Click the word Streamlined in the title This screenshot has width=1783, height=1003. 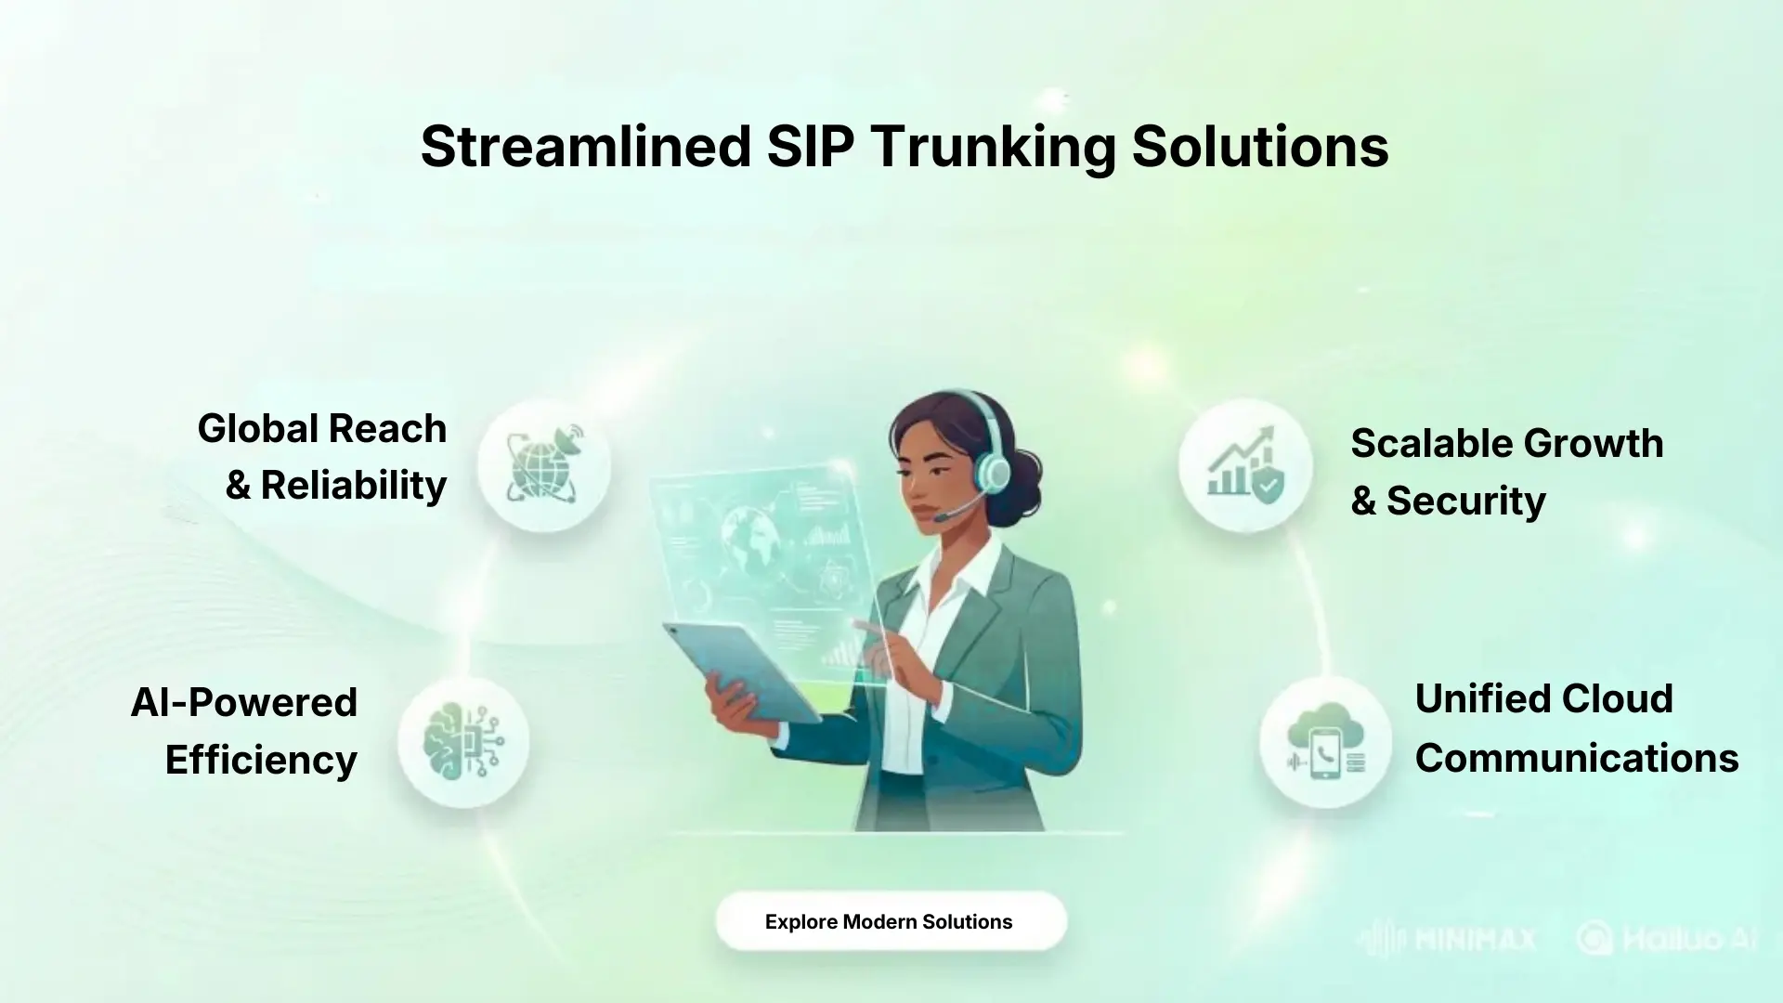(x=585, y=147)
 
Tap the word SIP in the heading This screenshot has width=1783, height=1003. (x=809, y=147)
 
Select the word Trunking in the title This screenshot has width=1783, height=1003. (x=993, y=147)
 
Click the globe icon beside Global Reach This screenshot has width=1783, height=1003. (x=544, y=465)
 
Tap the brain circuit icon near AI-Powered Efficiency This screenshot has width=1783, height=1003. (x=463, y=741)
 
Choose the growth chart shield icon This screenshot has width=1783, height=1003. (x=1245, y=465)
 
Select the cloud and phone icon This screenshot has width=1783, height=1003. (x=1325, y=741)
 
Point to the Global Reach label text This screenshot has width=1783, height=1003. (x=321, y=429)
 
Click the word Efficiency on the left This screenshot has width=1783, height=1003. (x=261, y=760)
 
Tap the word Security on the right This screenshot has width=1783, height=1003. (x=1465, y=501)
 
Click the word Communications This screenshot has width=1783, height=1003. (x=1576, y=758)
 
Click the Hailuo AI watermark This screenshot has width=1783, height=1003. (x=1667, y=939)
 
